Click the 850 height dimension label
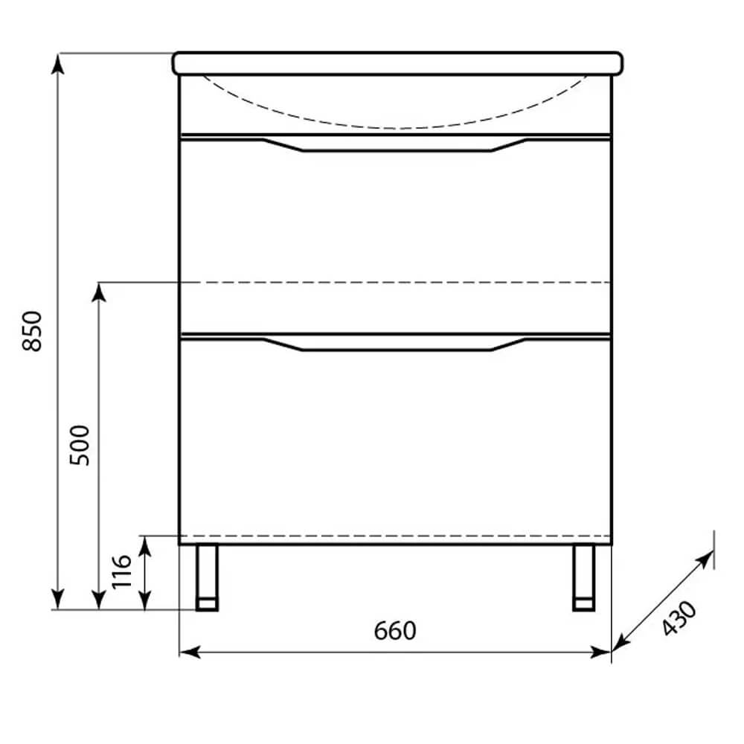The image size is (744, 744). [32, 331]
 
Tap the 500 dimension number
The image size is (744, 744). [80, 445]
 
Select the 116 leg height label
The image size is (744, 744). [121, 571]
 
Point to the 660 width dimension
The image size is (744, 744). [395, 631]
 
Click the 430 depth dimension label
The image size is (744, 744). [679, 618]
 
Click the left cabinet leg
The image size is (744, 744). [208, 577]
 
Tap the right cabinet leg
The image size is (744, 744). [583, 577]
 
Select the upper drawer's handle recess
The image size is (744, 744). [395, 144]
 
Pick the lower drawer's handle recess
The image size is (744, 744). [395, 344]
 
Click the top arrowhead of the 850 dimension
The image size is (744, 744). [57, 63]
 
